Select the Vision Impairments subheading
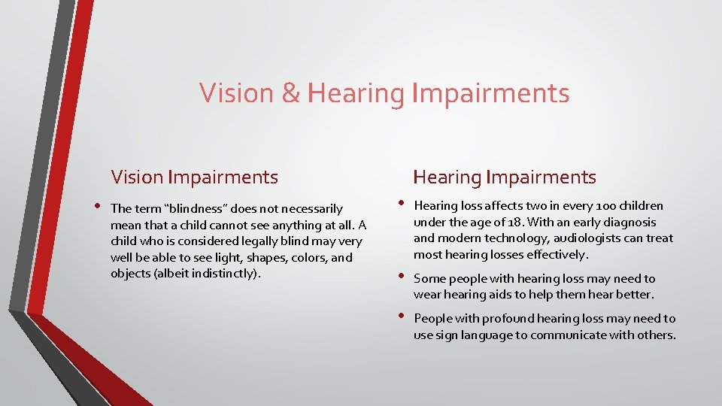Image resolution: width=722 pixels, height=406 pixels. tap(194, 177)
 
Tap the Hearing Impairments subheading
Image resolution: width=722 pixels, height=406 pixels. tap(505, 177)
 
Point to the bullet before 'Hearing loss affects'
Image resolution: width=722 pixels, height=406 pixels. tap(400, 204)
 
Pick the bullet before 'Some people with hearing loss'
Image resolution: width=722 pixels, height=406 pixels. tap(400, 277)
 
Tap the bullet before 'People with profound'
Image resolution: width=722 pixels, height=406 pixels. tap(400, 317)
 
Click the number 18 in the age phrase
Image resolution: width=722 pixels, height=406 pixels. tap(513, 223)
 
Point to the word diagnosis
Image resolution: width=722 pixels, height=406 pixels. tap(628, 223)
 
